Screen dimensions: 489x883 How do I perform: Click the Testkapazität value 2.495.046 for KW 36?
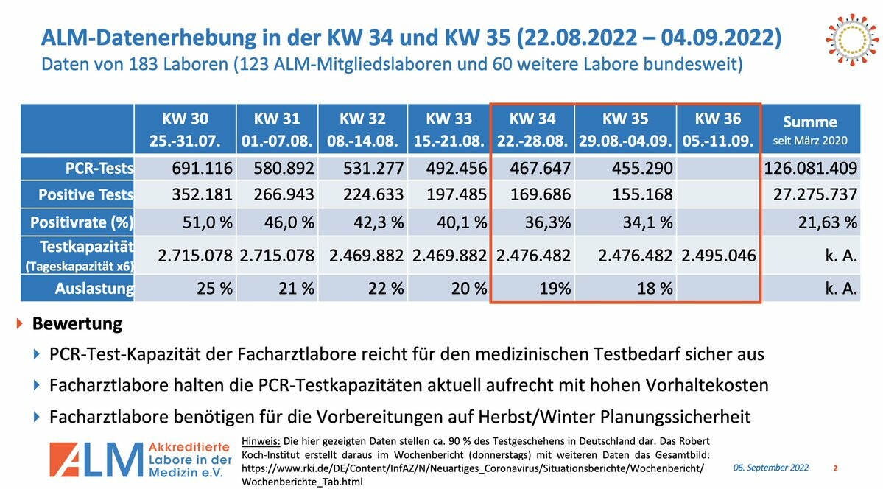click(x=718, y=256)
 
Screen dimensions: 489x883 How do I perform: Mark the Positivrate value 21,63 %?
click(x=829, y=221)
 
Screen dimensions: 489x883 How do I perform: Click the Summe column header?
click(x=809, y=129)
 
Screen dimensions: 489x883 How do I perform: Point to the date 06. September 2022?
click(x=770, y=468)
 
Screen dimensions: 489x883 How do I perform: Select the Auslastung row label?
click(x=94, y=288)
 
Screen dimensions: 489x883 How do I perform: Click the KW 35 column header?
click(x=625, y=129)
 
